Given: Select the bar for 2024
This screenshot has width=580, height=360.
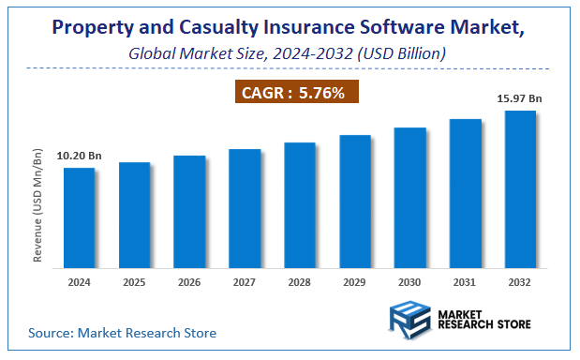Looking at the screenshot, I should (x=79, y=217).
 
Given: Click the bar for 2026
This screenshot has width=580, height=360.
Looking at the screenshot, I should (x=189, y=211).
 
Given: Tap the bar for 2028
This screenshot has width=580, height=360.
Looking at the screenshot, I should (x=300, y=204).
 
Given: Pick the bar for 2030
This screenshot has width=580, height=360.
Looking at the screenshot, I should (x=409, y=197).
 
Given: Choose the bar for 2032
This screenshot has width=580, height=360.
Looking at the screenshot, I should (x=520, y=188).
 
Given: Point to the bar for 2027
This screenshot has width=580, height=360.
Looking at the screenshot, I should (x=245, y=208).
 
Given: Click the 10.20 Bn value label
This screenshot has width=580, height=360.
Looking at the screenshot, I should (x=79, y=156).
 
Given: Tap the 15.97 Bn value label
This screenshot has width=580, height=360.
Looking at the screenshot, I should (x=521, y=97).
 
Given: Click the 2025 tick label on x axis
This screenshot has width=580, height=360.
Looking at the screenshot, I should (x=134, y=281).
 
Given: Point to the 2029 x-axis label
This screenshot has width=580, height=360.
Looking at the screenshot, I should (x=355, y=281).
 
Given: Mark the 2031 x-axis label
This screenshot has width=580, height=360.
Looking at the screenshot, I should (x=465, y=281).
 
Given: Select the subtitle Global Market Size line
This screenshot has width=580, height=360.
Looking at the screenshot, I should (x=288, y=53).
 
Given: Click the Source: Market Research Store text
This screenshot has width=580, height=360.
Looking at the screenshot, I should (x=122, y=333).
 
